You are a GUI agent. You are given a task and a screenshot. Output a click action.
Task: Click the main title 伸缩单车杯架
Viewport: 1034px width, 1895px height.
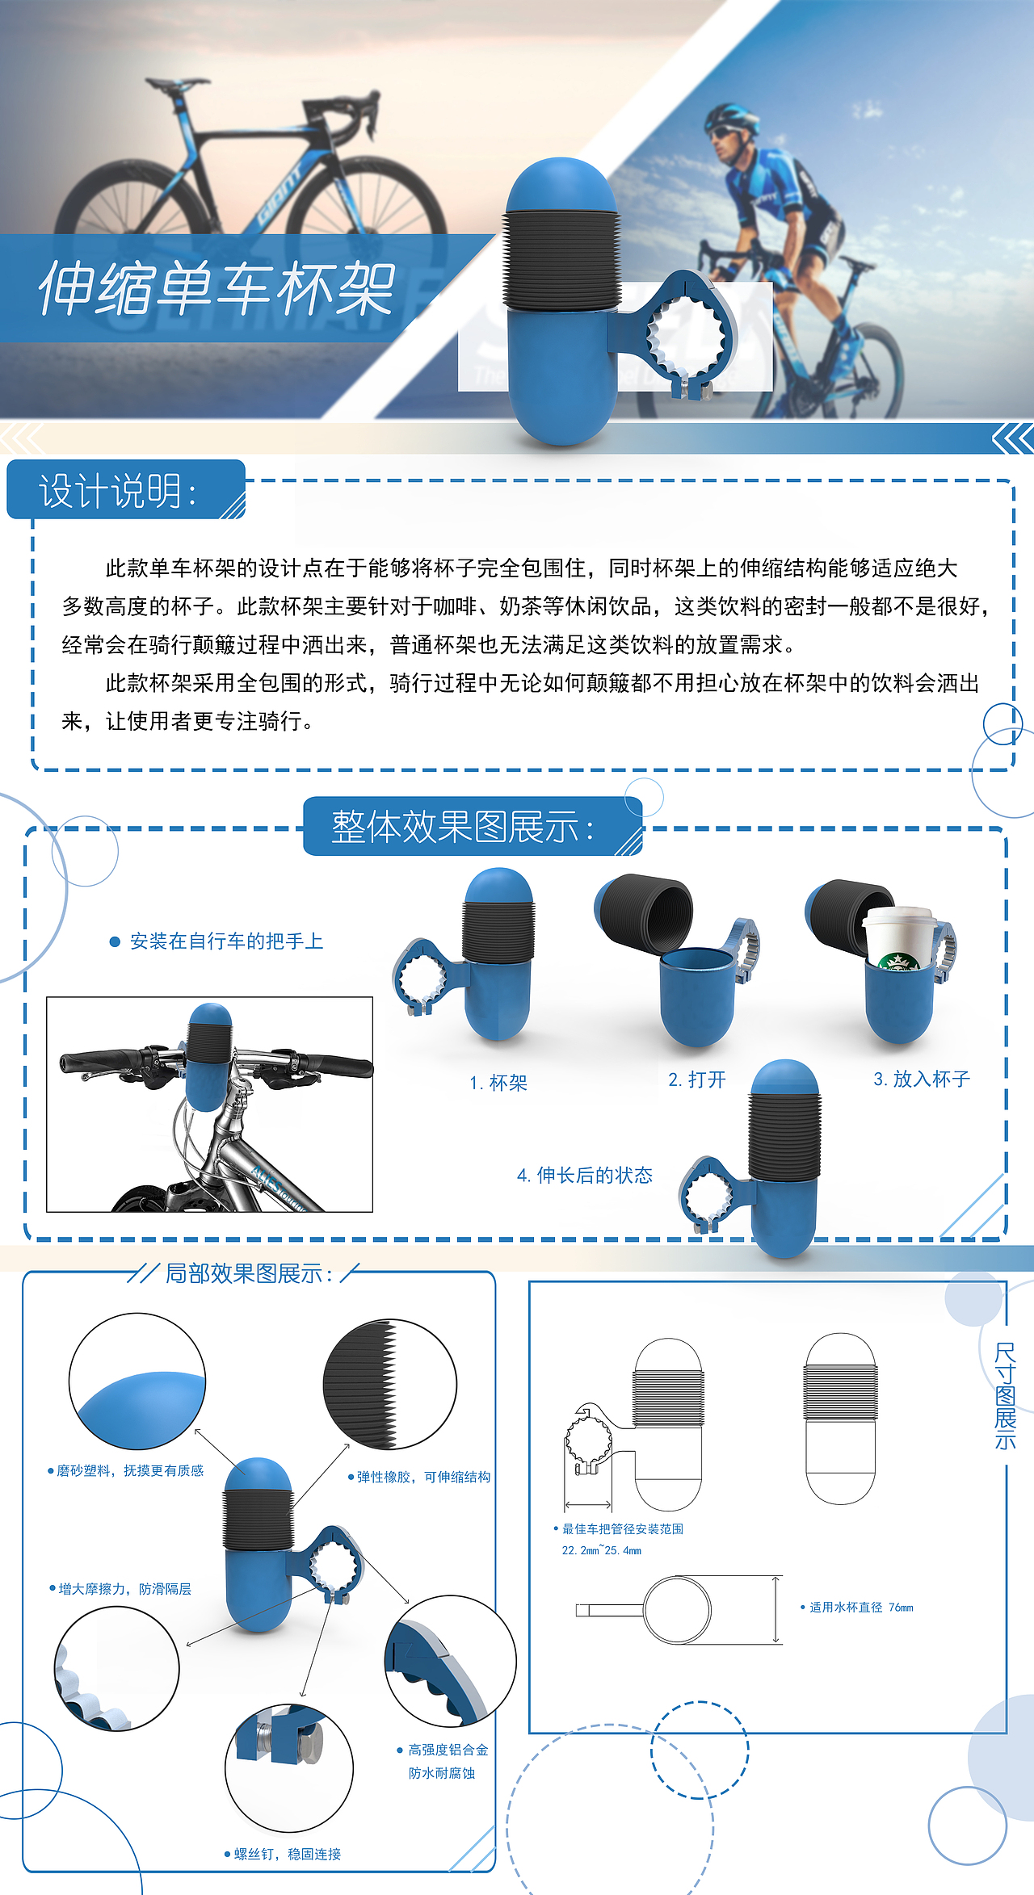click(216, 289)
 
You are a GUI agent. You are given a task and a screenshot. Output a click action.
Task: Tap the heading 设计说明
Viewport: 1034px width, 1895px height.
click(118, 491)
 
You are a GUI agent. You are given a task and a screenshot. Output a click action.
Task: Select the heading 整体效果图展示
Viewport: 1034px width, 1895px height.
click(463, 827)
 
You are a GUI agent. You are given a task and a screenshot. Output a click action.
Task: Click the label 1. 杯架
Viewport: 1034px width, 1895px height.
click(498, 1083)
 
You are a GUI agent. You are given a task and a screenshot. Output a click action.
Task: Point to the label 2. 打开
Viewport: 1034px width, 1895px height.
click(697, 1080)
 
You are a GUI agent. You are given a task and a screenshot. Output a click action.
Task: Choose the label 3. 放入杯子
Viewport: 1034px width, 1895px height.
click(922, 1079)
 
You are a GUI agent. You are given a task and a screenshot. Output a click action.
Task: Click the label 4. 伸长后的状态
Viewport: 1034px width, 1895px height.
click(585, 1175)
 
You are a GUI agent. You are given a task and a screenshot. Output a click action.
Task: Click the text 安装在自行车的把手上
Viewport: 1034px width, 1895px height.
click(226, 941)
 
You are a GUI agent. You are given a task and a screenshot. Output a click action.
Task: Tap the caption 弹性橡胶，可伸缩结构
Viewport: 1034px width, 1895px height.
click(423, 1477)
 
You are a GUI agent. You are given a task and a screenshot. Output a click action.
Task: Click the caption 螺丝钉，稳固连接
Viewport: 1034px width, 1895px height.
click(287, 1854)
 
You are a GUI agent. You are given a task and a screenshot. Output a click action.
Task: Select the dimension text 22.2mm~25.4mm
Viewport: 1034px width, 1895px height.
click(602, 1550)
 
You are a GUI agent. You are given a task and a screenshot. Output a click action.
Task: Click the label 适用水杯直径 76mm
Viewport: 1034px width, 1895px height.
click(860, 1608)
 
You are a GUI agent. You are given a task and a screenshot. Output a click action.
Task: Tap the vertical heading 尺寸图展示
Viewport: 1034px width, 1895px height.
click(1005, 1396)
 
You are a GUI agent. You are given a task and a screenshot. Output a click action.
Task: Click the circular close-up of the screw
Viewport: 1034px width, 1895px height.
click(288, 1767)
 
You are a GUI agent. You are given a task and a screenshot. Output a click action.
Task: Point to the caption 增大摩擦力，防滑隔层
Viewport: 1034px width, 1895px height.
click(124, 1589)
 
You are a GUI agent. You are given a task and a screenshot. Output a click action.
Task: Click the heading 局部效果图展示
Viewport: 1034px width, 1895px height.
click(249, 1273)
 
